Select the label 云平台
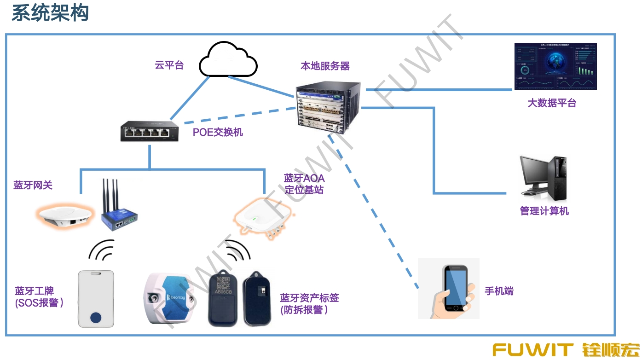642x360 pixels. click(x=169, y=65)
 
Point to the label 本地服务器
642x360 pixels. click(x=325, y=66)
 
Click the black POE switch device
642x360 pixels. click(x=150, y=132)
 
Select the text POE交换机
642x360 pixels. click(x=218, y=133)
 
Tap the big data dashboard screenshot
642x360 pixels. click(x=555, y=66)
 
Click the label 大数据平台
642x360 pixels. click(x=551, y=103)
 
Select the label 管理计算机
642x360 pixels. click(x=544, y=211)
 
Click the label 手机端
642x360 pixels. click(x=499, y=291)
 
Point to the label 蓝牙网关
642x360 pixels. click(x=33, y=185)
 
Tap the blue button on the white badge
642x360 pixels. click(x=96, y=317)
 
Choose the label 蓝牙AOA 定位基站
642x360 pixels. click(x=304, y=184)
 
